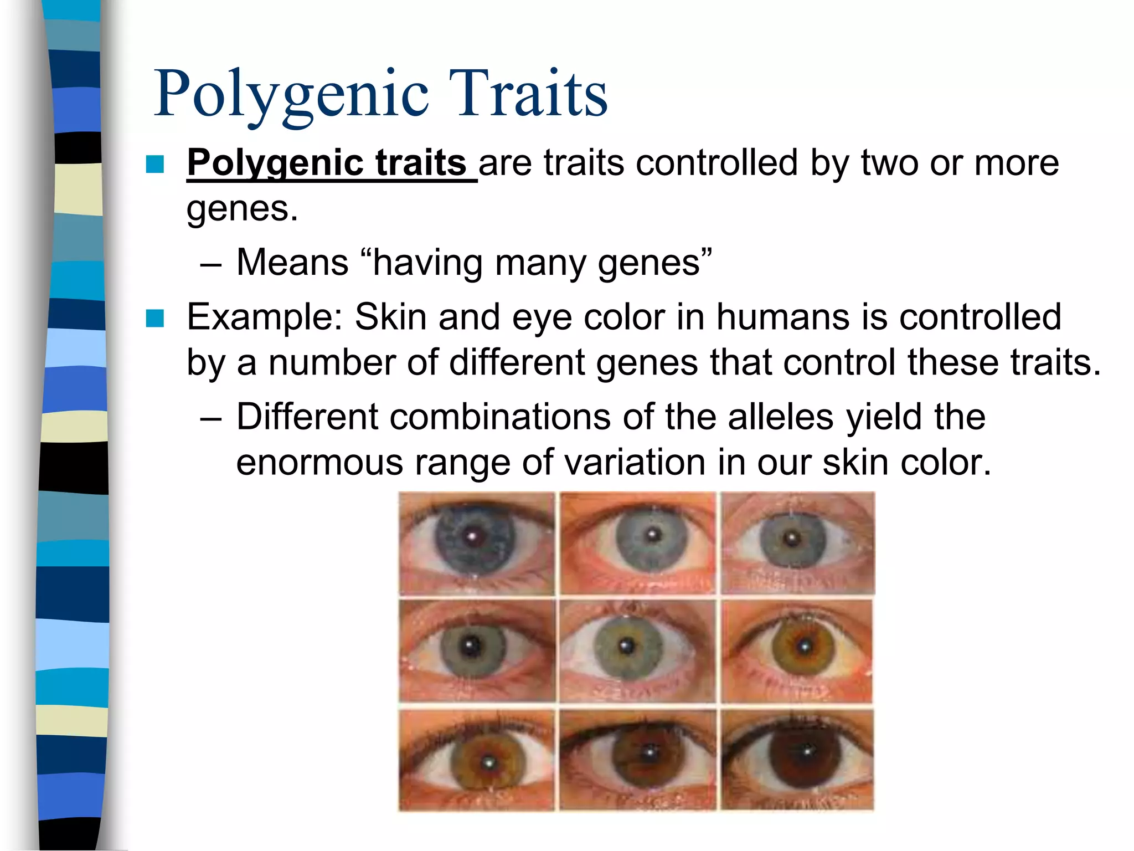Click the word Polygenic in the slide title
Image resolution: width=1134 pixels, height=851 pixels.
[291, 94]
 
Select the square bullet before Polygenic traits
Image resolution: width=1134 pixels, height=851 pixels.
[155, 164]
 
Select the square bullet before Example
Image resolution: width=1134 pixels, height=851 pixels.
[155, 318]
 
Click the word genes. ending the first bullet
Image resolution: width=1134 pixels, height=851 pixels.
[242, 209]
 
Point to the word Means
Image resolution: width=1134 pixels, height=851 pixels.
[292, 262]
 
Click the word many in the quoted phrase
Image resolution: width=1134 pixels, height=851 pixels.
[540, 263]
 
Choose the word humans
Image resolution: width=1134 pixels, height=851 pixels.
[782, 317]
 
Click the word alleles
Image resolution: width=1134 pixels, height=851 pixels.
[780, 417]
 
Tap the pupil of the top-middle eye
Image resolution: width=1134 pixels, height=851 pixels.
[653, 536]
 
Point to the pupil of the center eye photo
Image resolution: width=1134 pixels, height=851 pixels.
[627, 646]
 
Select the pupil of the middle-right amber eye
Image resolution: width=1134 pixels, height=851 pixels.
[805, 645]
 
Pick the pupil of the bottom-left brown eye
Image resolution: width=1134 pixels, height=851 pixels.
[488, 762]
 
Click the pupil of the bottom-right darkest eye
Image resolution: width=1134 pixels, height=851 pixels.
[807, 752]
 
